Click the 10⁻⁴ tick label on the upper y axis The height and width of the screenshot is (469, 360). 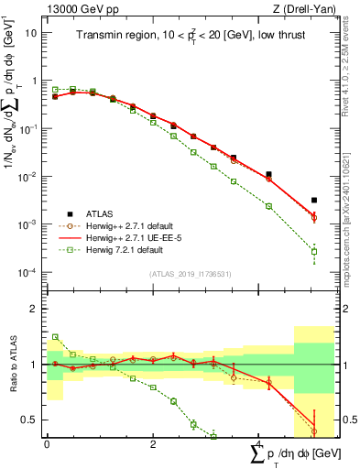pos(29,273)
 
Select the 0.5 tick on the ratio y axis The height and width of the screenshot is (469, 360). pos(30,420)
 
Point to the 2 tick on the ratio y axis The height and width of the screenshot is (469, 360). pos(35,309)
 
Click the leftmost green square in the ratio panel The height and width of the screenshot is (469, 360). pos(55,337)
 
